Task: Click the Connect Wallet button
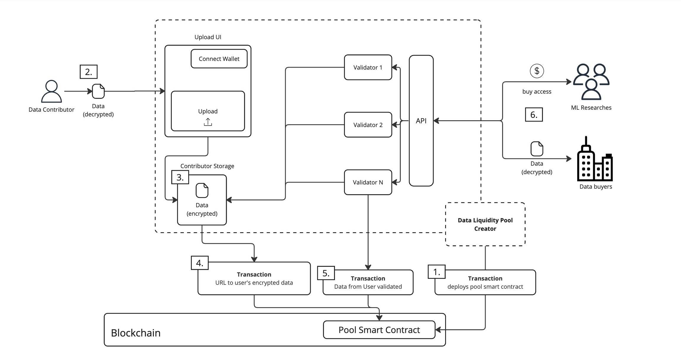click(219, 59)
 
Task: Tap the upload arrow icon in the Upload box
click(208, 122)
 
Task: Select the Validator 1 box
click(368, 67)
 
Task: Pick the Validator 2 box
click(368, 125)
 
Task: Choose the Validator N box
click(368, 182)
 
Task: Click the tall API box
click(421, 121)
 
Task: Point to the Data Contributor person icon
click(51, 91)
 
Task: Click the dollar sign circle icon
click(537, 71)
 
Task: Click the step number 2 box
click(88, 72)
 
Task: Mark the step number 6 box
click(534, 115)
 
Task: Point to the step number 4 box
click(200, 263)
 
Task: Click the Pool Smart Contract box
click(379, 330)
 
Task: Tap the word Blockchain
click(136, 333)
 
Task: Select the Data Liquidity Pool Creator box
click(485, 224)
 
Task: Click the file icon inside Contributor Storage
click(202, 190)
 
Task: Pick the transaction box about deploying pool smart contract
click(485, 283)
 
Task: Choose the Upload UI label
click(208, 37)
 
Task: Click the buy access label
click(536, 92)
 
